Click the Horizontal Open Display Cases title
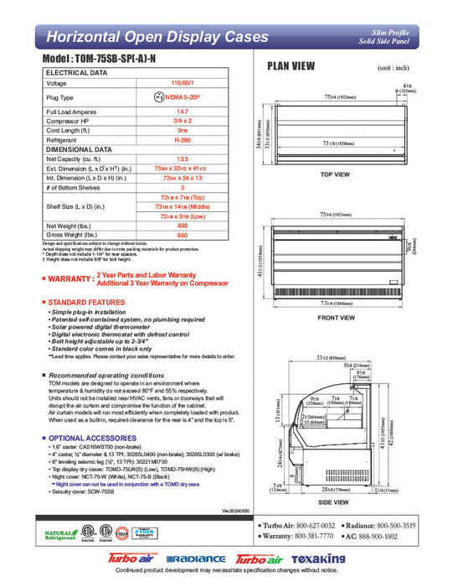157,37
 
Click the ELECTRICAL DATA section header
76,74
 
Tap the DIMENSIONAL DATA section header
79,148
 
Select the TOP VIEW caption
336,175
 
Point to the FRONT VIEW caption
336,319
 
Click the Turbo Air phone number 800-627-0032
311,525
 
